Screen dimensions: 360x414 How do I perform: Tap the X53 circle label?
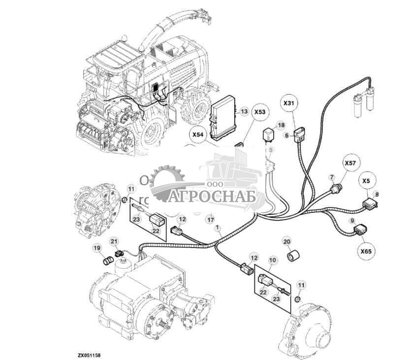coord(259,112)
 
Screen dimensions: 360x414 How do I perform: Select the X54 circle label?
coord(199,134)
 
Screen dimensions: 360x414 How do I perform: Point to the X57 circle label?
coord(350,163)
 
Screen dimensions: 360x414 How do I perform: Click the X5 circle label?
coord(367,180)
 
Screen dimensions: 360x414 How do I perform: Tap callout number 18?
coord(280,126)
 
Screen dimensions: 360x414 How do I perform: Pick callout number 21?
coord(115,241)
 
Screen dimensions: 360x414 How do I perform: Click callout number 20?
coord(287,241)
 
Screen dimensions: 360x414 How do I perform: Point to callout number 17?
coord(211,220)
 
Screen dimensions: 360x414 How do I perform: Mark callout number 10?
coord(272,259)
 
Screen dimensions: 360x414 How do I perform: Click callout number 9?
coord(352,220)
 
